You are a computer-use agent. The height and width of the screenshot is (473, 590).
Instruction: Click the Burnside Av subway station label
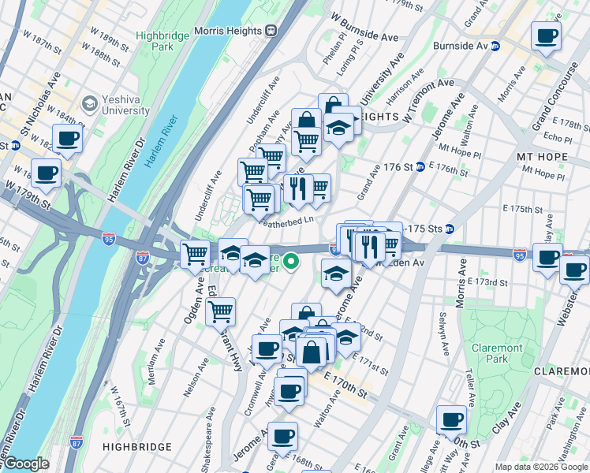click(x=460, y=46)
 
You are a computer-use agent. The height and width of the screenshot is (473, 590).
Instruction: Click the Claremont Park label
click(x=497, y=353)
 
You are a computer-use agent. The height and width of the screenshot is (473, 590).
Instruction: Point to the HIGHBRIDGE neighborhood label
click(x=137, y=447)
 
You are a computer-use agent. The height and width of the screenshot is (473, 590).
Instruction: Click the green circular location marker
click(x=291, y=261)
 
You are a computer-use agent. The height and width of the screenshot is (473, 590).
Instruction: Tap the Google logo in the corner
click(x=26, y=464)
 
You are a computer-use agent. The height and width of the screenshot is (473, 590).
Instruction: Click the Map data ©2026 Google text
click(x=541, y=467)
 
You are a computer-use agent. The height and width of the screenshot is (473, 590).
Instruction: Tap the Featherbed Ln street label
click(x=287, y=222)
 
